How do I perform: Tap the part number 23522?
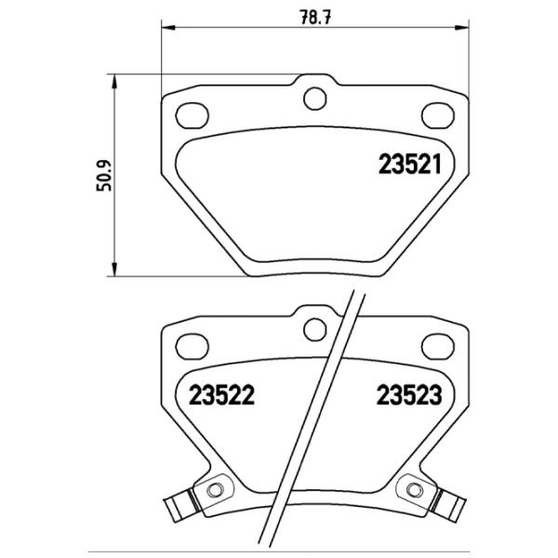click(222, 393)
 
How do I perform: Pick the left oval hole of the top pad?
click(193, 113)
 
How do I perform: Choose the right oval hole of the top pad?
click(435, 113)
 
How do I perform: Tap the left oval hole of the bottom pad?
click(193, 347)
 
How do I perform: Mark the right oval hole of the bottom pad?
click(435, 347)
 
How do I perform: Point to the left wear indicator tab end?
click(173, 509)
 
